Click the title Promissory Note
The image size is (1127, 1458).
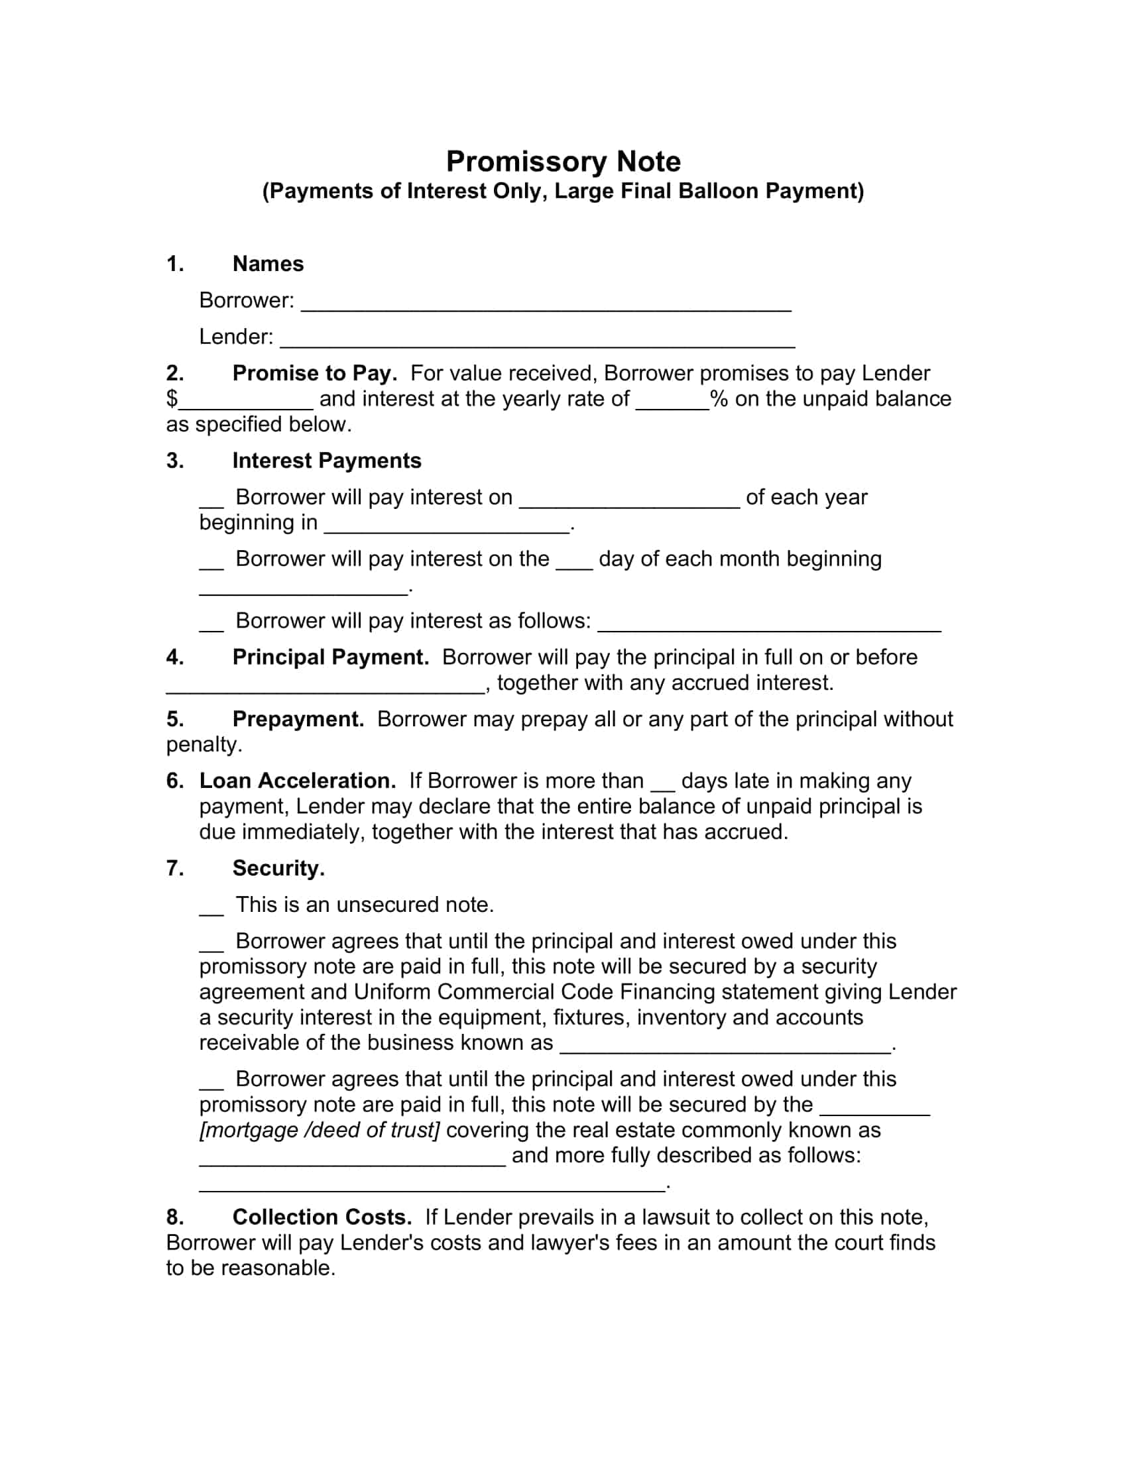pos(563,162)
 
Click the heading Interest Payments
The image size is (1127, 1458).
pos(326,461)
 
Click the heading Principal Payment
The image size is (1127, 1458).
pos(330,657)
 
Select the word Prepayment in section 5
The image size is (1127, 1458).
pos(298,719)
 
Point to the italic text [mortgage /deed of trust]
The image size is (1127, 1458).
pos(319,1130)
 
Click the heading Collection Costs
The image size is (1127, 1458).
pos(322,1217)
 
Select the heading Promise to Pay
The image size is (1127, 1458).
pos(314,372)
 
